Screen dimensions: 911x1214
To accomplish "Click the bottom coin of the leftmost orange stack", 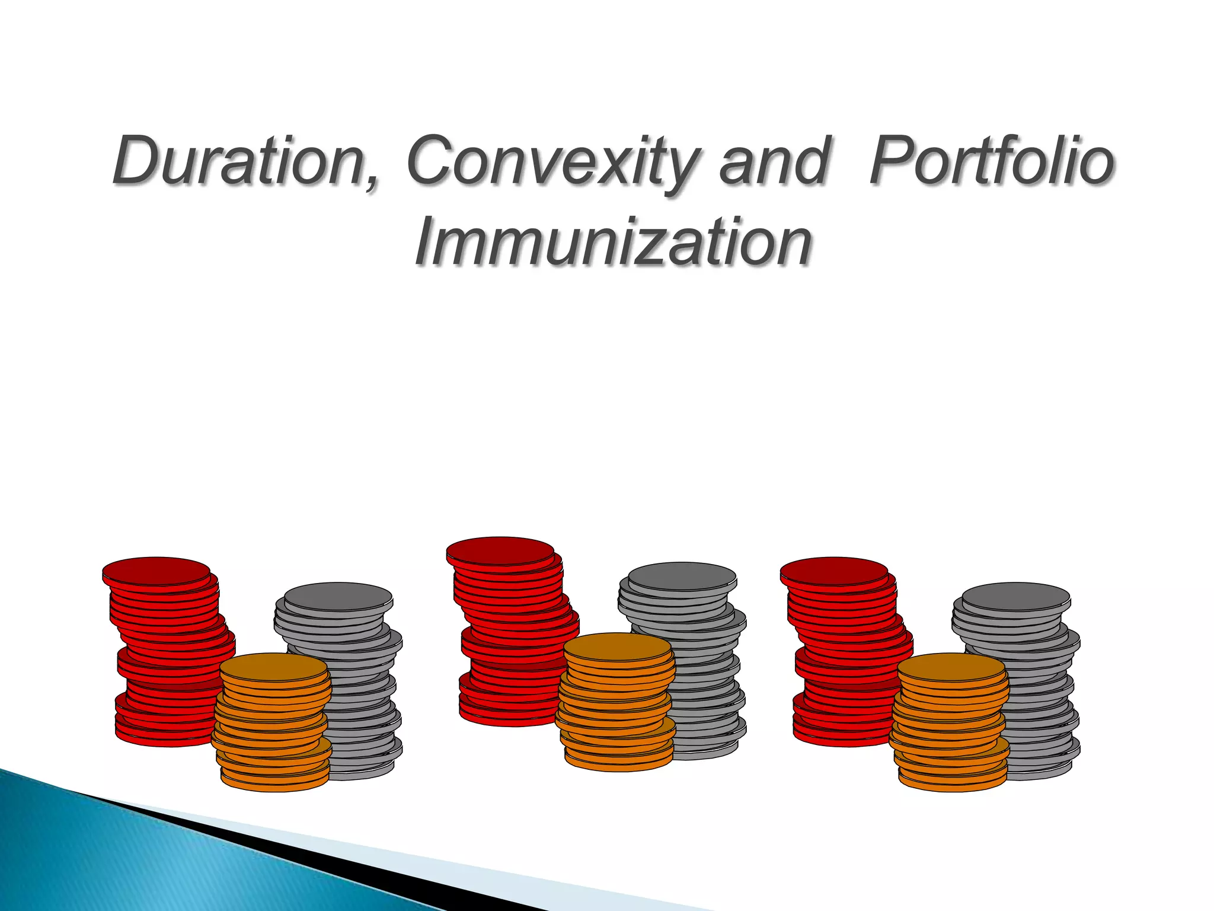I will (x=275, y=783).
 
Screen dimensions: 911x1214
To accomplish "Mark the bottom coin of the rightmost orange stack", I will (x=953, y=783).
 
